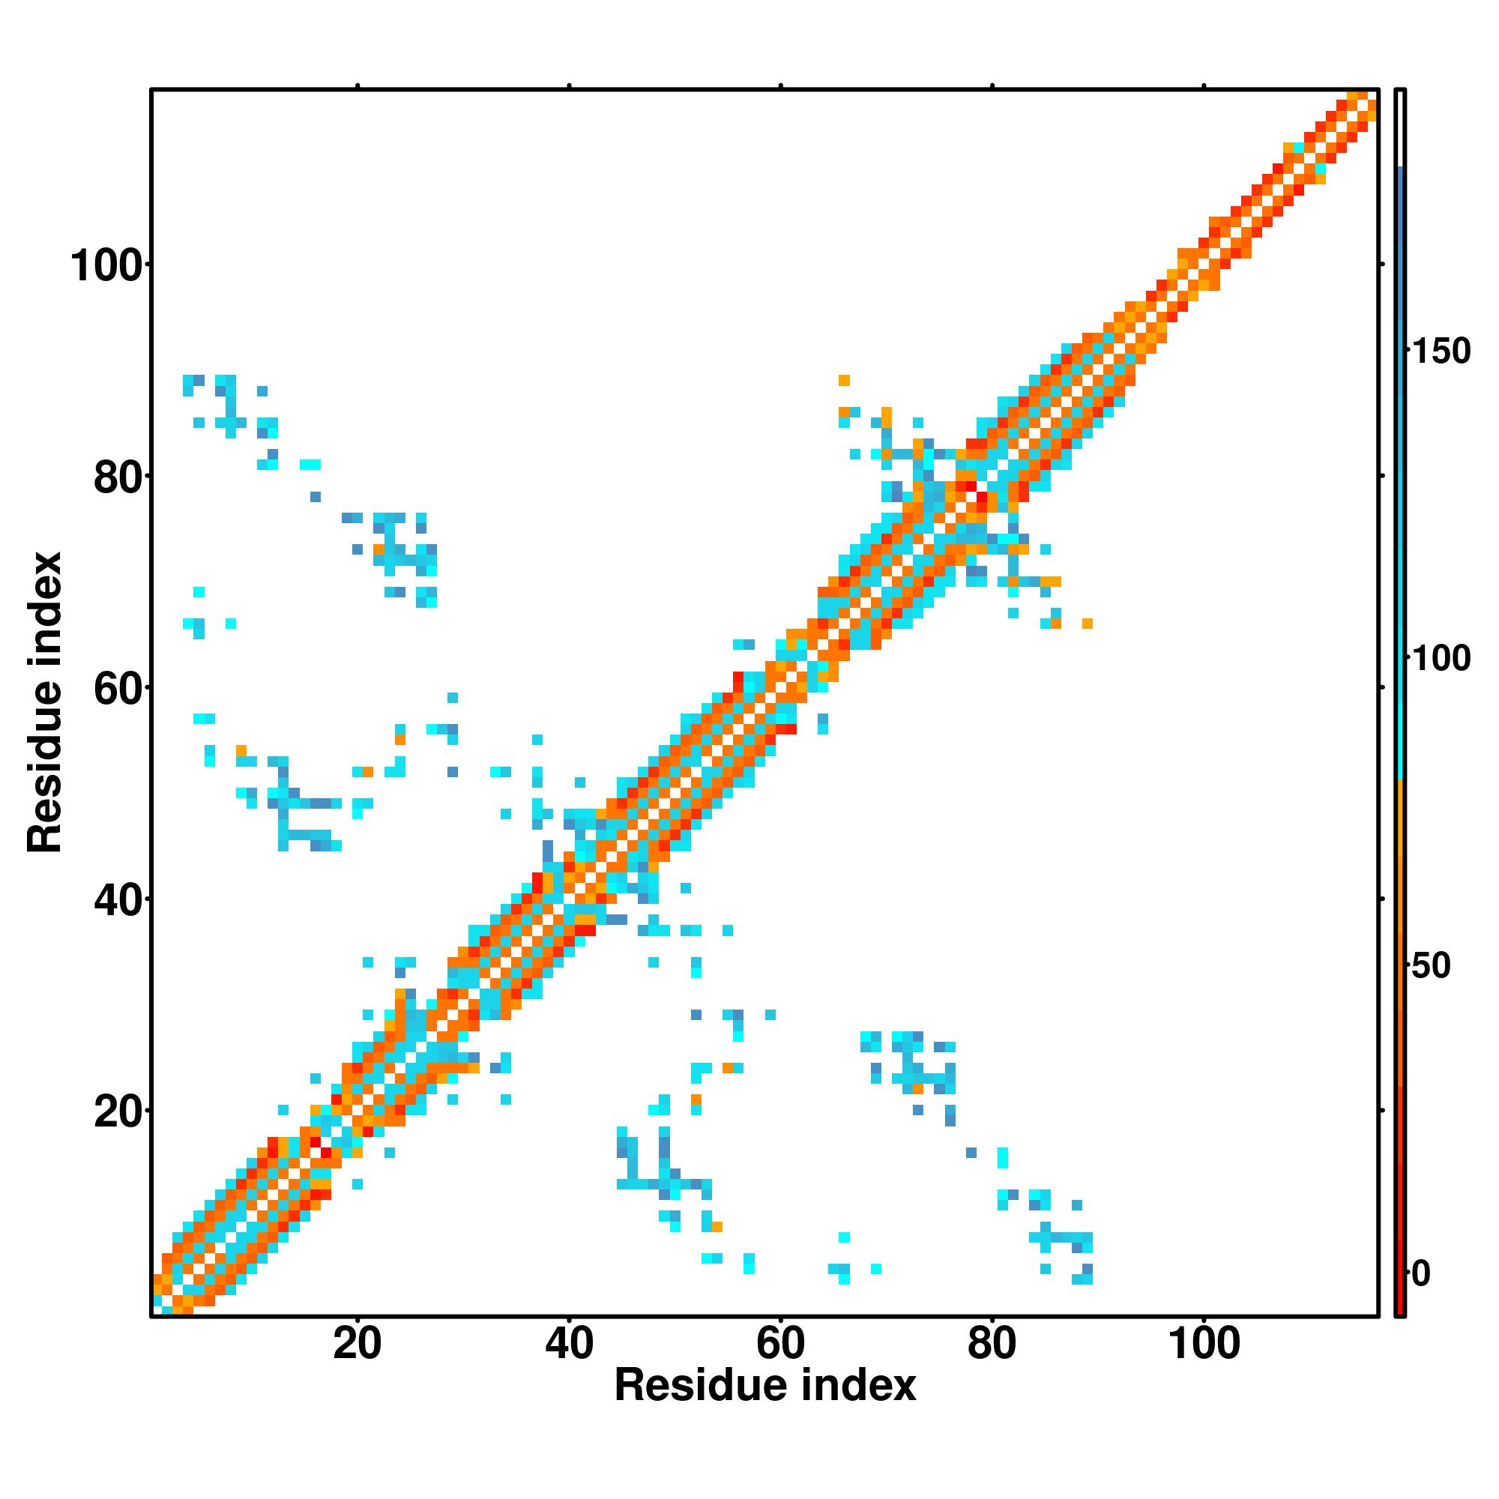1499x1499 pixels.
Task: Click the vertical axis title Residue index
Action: (44, 702)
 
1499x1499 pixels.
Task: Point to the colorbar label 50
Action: (1430, 967)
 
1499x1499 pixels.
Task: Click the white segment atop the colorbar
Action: (1401, 128)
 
